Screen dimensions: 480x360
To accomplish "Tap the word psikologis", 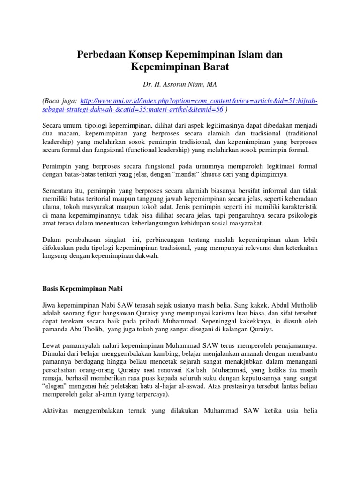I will point(298,215).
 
